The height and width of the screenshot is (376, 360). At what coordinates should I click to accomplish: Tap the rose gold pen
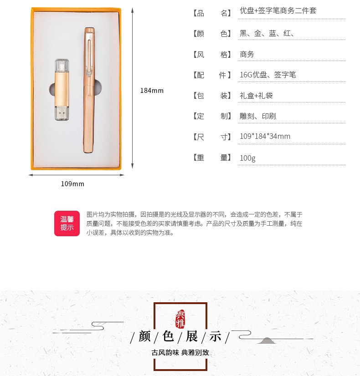tap(88, 91)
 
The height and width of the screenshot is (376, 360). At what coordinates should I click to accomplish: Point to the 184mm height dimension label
tap(151, 91)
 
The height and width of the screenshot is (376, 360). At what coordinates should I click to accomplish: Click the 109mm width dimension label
tap(72, 184)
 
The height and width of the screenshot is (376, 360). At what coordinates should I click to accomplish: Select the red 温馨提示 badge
tap(67, 224)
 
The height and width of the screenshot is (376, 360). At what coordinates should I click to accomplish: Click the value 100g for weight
tap(247, 158)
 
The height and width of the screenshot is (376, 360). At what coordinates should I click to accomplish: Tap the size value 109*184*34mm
tap(265, 137)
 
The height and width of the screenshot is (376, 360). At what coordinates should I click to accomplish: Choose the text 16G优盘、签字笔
tap(267, 75)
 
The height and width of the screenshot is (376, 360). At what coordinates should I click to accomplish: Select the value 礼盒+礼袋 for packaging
tap(256, 96)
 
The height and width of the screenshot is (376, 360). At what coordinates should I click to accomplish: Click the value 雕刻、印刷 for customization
tap(257, 116)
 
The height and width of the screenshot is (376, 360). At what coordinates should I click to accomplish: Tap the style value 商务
tap(247, 54)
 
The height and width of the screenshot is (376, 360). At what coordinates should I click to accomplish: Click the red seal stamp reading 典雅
tap(180, 318)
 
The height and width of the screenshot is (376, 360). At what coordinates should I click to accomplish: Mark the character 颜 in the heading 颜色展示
tap(144, 337)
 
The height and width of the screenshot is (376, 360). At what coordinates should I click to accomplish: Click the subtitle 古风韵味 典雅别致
tap(180, 352)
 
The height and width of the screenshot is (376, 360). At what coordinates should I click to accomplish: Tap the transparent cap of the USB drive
tap(61, 66)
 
